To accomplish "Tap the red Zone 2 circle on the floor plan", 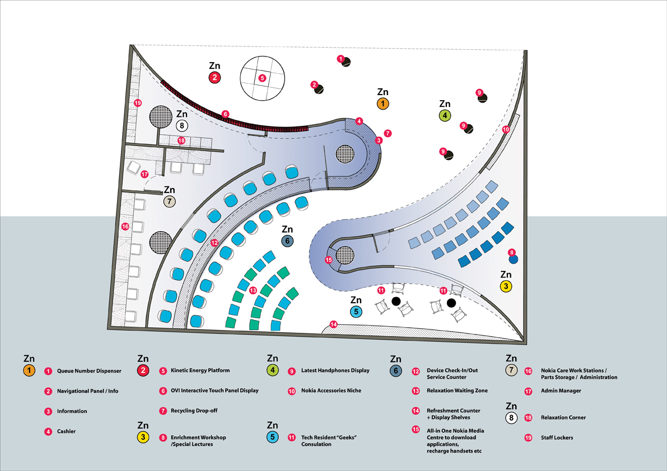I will click(x=214, y=78).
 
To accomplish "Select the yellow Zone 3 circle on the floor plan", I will click(x=506, y=286).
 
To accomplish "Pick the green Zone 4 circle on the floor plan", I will click(x=445, y=116).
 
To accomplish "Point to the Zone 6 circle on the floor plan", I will click(x=287, y=241).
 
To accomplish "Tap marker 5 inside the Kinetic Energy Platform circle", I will click(x=262, y=78).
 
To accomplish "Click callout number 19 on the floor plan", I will click(x=138, y=103).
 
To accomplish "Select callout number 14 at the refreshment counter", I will click(x=334, y=324).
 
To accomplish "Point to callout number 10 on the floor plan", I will click(x=506, y=129).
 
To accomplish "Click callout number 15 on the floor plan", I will click(x=329, y=260).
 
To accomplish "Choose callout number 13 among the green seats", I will click(x=254, y=290).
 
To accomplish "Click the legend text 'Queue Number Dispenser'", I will click(x=89, y=371).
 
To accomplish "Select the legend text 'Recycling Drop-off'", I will click(x=194, y=411).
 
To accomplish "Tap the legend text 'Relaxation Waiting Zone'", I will click(x=457, y=390).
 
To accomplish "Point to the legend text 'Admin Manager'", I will click(x=561, y=390).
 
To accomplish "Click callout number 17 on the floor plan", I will click(x=144, y=174).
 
